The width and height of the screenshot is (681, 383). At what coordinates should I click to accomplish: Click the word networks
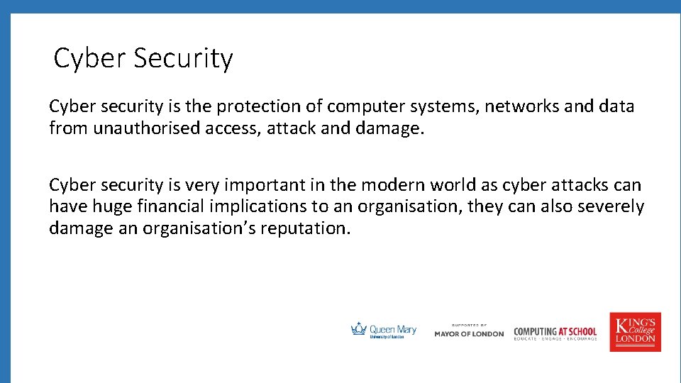click(521, 106)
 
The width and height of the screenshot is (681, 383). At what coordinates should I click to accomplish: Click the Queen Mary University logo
click(384, 331)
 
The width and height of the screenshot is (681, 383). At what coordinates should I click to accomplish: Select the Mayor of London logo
click(469, 331)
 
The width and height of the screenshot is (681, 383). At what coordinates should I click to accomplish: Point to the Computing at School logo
click(555, 333)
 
